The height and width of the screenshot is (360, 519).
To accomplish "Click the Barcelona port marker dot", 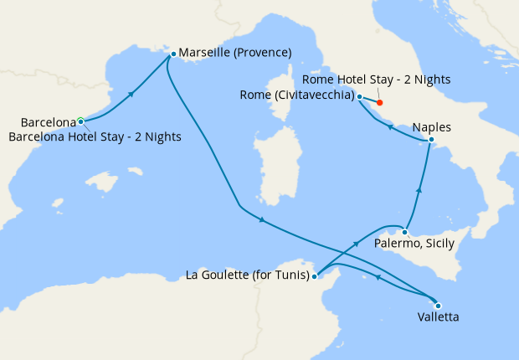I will (80, 121).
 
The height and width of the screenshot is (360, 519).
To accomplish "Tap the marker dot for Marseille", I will (172, 54).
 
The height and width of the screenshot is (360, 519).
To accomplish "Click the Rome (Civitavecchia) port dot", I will (360, 96).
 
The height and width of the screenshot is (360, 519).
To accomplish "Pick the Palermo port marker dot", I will (404, 232).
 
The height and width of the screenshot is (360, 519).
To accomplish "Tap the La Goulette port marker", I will (315, 275).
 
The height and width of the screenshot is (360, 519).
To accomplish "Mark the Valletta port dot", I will (437, 305).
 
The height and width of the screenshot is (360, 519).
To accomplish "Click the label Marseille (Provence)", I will (235, 53).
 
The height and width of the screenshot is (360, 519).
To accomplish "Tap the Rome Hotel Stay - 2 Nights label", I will (377, 80).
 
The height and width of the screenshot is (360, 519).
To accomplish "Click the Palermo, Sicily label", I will (414, 244).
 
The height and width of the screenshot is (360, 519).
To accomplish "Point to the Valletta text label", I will (437, 317).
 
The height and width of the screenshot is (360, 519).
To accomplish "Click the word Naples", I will (432, 128).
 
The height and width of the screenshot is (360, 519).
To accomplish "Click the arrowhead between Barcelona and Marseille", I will (131, 94).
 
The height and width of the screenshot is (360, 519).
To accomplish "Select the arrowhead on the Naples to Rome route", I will (390, 126).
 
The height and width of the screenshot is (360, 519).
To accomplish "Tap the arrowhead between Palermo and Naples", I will (419, 192).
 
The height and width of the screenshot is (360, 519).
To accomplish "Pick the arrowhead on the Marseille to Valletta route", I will (263, 220).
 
